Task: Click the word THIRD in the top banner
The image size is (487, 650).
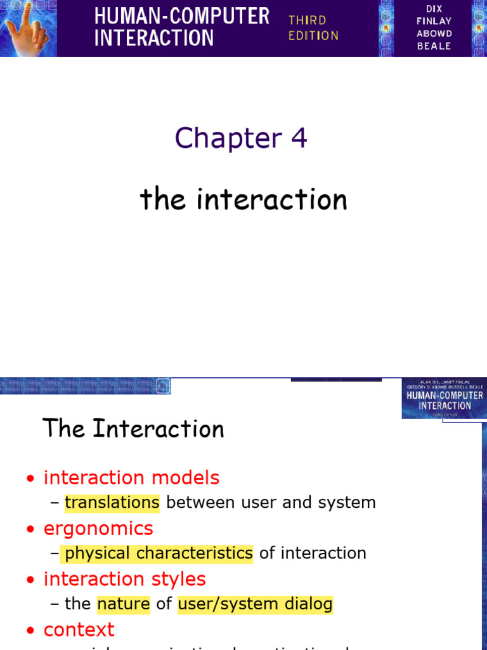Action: [x=308, y=20]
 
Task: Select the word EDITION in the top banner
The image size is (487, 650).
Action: [x=313, y=36]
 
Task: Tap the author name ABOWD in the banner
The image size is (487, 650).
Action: [x=434, y=34]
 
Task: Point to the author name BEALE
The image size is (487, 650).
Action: [x=434, y=46]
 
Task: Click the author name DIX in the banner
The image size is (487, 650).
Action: [x=434, y=9]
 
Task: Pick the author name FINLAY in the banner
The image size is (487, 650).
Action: [x=434, y=22]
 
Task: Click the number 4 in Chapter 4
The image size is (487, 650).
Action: [x=299, y=138]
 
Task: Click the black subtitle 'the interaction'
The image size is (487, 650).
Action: [x=243, y=200]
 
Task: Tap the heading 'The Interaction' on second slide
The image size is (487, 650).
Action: [x=133, y=429]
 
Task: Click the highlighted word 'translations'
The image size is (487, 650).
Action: [x=112, y=503]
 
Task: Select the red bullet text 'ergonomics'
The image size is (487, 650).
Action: [x=98, y=528]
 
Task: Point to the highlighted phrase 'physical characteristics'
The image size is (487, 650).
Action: [x=159, y=553]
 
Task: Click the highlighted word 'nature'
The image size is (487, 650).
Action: [x=123, y=604]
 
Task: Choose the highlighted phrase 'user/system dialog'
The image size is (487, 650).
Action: [x=255, y=604]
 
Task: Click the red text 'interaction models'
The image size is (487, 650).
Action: [x=131, y=477]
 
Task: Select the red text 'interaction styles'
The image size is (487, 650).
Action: [x=124, y=579]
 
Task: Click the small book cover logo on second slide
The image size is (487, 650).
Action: [x=444, y=399]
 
